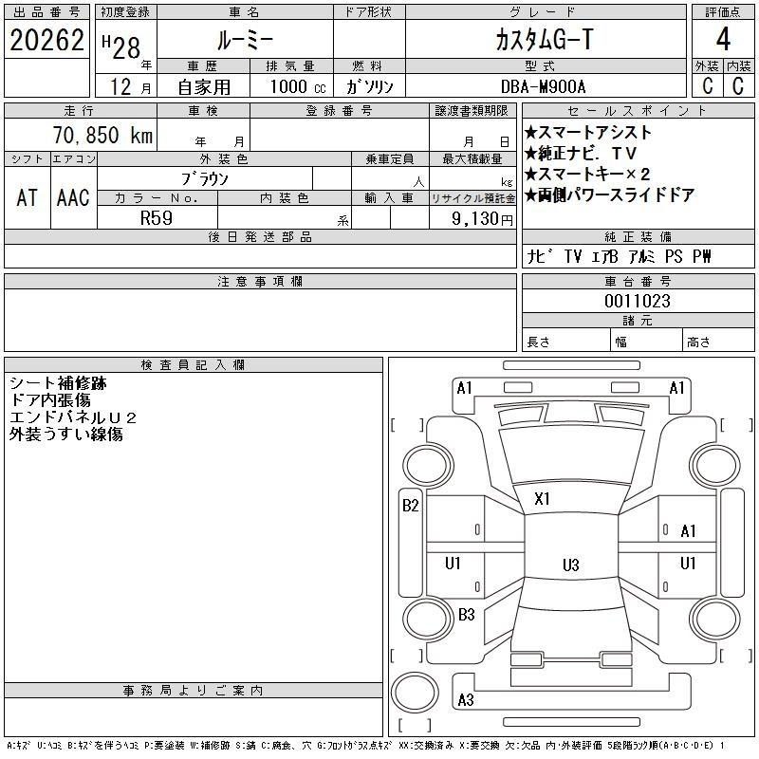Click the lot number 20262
pos(46,40)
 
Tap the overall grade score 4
pos(723,39)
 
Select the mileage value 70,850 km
pos(102,135)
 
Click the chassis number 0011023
pos(638,301)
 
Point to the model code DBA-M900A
pos(543,86)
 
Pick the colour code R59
pos(157,218)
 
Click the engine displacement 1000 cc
pos(298,86)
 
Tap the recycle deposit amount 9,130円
pos(482,219)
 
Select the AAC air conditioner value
pos(73,197)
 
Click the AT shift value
pos(27,197)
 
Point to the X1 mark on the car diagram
pos(542,499)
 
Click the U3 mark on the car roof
pos(571,565)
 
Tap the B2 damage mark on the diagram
pos(411,506)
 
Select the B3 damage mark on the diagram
pos(467,615)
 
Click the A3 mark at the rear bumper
pos(466,699)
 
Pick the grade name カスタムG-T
pos(545,39)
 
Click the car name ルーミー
pos(245,40)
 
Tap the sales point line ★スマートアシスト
pos(587,132)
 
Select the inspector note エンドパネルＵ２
pos(73,417)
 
